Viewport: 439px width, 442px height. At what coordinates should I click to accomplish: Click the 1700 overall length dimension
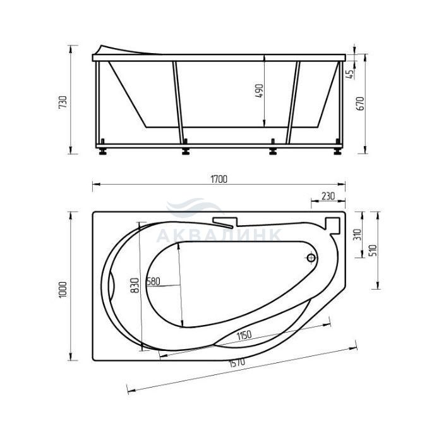click(x=219, y=180)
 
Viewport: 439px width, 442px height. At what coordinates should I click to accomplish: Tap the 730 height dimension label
click(x=63, y=102)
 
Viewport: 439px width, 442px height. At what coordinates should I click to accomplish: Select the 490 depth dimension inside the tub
click(x=259, y=91)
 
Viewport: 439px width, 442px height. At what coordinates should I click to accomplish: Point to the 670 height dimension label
click(x=361, y=104)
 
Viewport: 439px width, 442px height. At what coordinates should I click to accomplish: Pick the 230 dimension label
click(x=328, y=195)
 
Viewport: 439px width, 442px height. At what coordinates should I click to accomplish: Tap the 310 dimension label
click(x=358, y=235)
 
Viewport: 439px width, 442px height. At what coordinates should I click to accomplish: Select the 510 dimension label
click(x=373, y=251)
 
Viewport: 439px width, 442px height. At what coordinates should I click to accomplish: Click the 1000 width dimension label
click(x=63, y=289)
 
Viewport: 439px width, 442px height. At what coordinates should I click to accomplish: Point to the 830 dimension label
click(x=135, y=285)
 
